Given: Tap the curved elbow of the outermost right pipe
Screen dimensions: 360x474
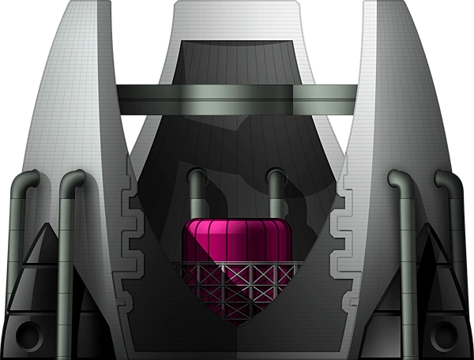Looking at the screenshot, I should (447, 177).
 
